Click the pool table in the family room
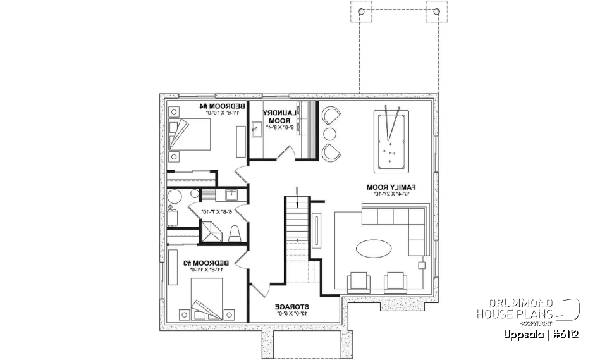click(x=391, y=140)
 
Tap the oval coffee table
click(x=374, y=247)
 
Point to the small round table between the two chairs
click(x=329, y=133)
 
